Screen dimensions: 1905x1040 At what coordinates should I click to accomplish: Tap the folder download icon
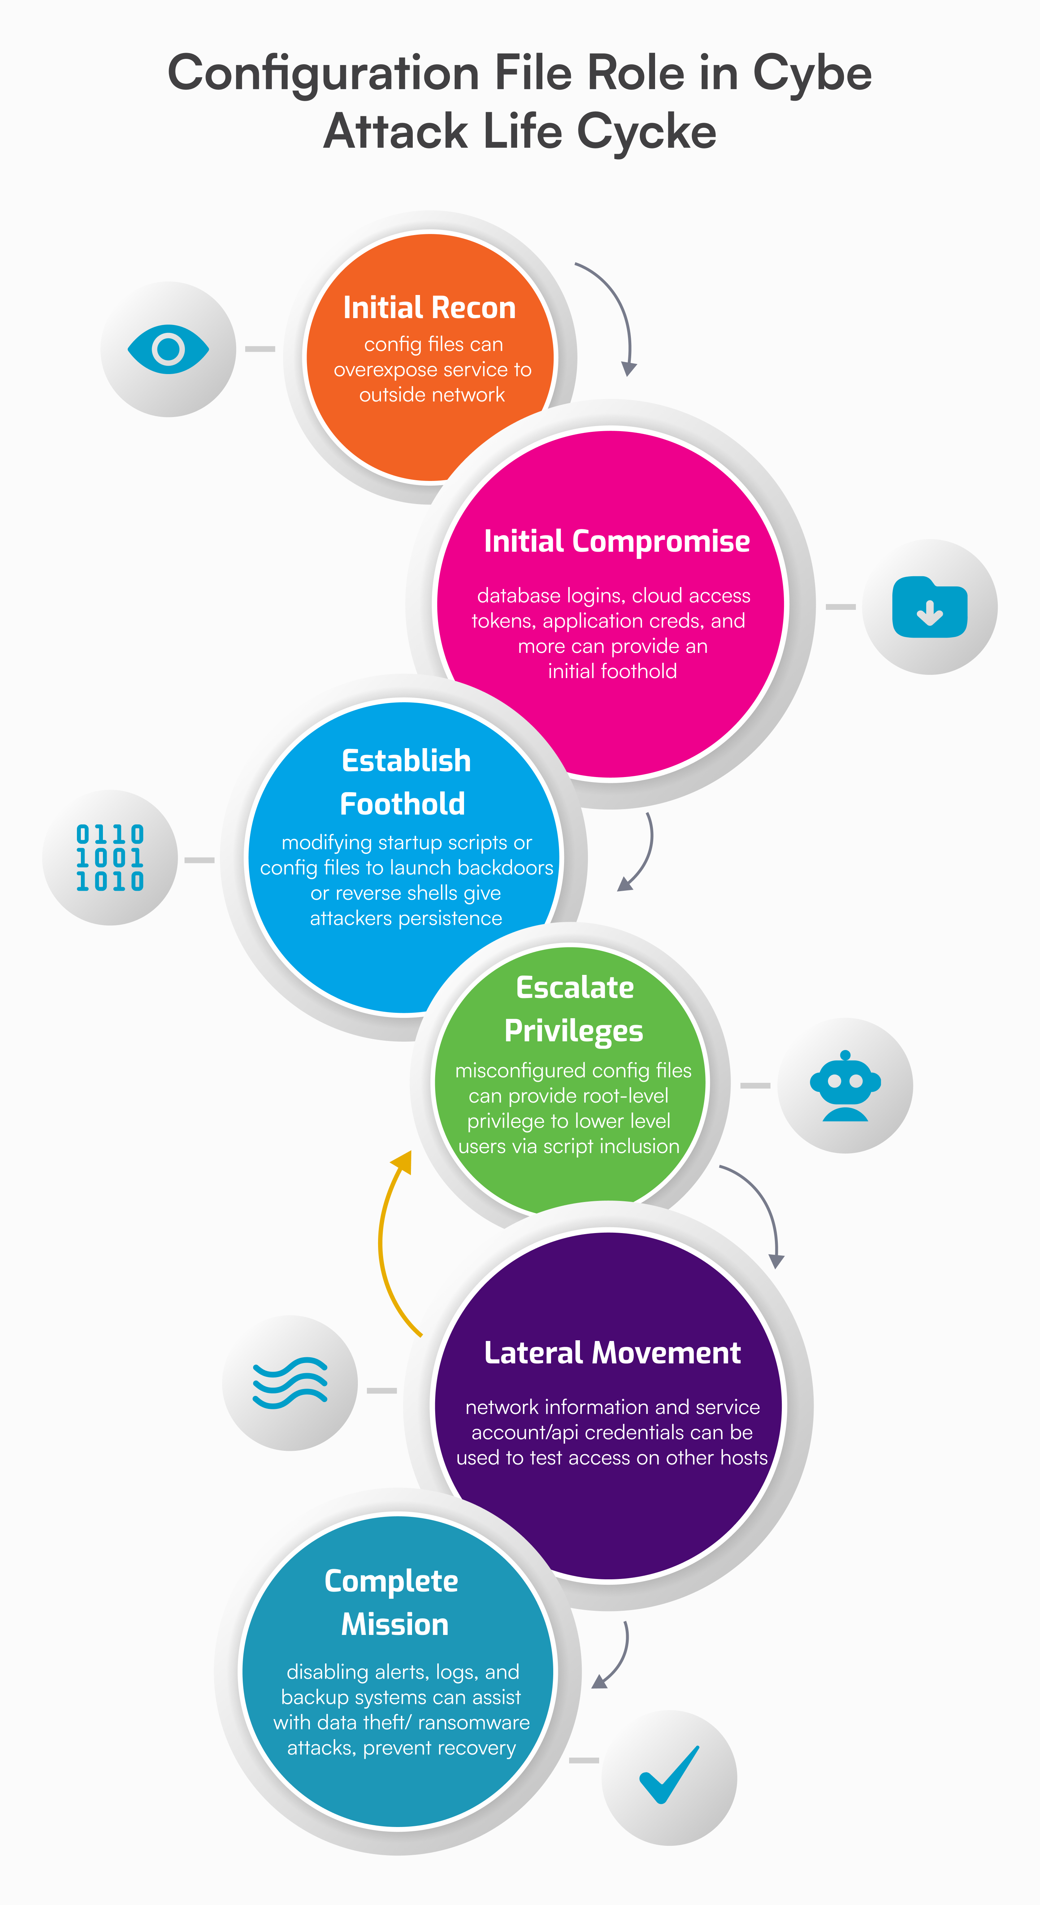pos(930,607)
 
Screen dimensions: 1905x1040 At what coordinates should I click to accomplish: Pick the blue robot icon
pos(845,1086)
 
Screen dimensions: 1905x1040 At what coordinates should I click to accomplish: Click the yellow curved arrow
pos(391,1242)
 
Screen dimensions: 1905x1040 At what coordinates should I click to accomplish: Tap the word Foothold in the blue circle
pos(402,804)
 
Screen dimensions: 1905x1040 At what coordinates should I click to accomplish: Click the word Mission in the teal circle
pos(395,1624)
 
